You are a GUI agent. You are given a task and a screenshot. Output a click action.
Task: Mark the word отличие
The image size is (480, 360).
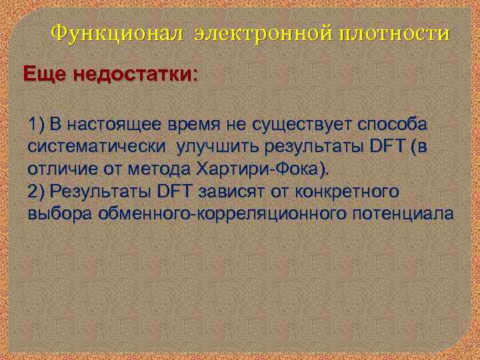pos(61,168)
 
